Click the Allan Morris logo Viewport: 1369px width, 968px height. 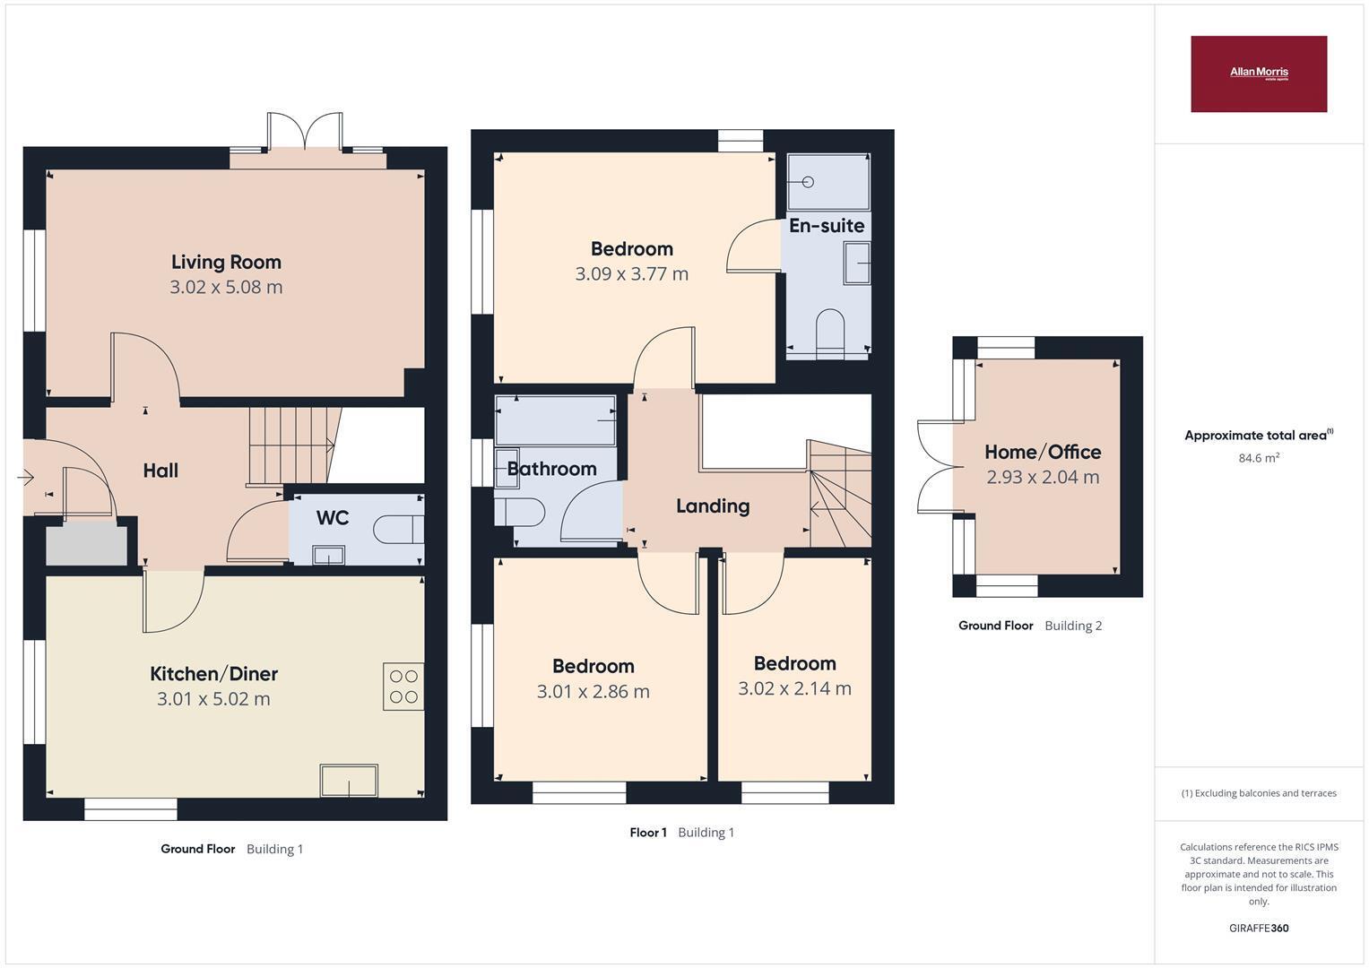point(1259,73)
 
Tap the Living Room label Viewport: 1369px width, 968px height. point(226,262)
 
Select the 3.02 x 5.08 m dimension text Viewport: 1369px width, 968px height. point(226,287)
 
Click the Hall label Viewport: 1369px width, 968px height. point(160,471)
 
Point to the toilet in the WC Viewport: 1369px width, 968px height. point(398,529)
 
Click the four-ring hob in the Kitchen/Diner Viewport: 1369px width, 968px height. point(403,687)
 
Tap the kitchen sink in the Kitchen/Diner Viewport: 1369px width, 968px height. point(349,781)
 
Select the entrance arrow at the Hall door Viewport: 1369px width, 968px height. point(26,476)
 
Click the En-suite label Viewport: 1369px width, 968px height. point(827,226)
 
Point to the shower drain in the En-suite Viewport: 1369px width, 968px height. point(808,181)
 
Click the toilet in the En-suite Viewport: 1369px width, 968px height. point(830,333)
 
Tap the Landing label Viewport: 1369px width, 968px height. point(713,506)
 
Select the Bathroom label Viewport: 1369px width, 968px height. point(552,469)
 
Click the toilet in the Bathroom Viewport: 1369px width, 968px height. point(519,512)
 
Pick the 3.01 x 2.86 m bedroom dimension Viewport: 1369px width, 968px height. point(593,692)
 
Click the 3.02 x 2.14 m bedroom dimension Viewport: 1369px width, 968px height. point(794,688)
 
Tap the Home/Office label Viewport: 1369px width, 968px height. point(1043,453)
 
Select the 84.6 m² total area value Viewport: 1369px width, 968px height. point(1259,458)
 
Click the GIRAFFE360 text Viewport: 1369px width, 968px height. point(1259,928)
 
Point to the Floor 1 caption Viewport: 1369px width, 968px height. point(648,833)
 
